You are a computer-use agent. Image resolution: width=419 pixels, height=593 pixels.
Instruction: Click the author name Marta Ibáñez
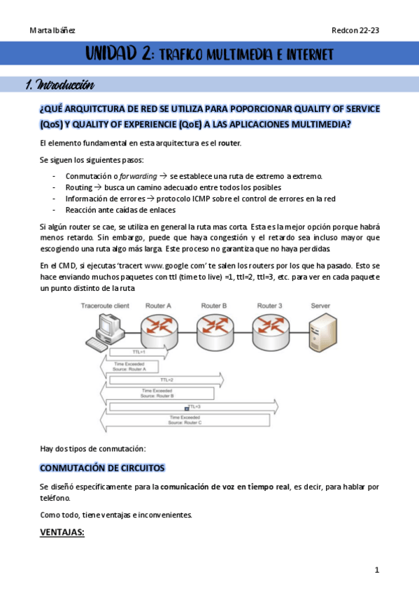tap(52, 30)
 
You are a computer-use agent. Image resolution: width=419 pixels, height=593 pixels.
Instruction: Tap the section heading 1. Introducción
tap(59, 86)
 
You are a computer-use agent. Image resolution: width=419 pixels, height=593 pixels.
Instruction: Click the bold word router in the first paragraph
tap(229, 143)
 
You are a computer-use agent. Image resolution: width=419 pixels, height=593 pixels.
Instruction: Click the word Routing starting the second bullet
tap(78, 187)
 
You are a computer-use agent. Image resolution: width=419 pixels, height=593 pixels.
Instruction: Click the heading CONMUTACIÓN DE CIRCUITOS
tap(102, 466)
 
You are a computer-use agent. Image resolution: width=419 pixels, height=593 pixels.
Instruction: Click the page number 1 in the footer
tap(376, 570)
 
